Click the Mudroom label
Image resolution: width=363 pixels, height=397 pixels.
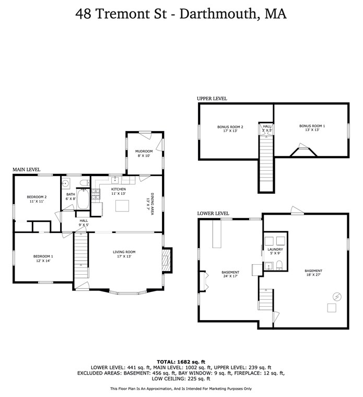[144, 154]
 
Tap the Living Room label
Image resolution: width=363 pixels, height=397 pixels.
[124, 254]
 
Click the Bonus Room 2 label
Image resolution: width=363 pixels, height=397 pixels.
[228, 129]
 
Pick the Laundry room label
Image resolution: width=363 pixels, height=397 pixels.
[275, 251]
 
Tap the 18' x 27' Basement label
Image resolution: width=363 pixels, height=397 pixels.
[314, 273]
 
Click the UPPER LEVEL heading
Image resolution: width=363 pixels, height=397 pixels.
[212, 98]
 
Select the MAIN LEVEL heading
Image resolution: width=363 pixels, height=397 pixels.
[27, 170]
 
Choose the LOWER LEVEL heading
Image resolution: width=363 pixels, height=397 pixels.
[213, 213]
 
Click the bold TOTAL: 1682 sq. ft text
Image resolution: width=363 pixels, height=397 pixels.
[181, 361]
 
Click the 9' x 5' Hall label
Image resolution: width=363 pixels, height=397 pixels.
[84, 223]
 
